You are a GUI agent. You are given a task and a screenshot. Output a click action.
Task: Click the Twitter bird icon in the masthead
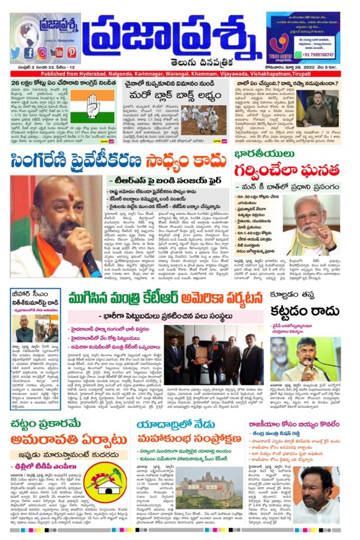pos(16,52)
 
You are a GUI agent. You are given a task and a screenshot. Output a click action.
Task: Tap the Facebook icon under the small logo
pos(29,52)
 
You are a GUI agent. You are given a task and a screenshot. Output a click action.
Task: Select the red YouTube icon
pos(57,52)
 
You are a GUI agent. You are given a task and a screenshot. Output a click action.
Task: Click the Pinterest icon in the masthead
pos(71,52)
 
